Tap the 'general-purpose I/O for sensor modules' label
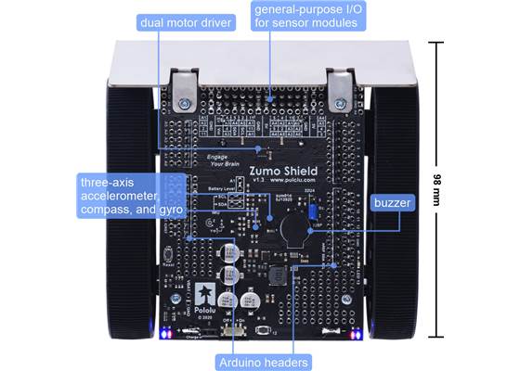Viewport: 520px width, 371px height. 305,16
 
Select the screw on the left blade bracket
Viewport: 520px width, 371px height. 185,102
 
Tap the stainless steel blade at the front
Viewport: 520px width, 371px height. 260,60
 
